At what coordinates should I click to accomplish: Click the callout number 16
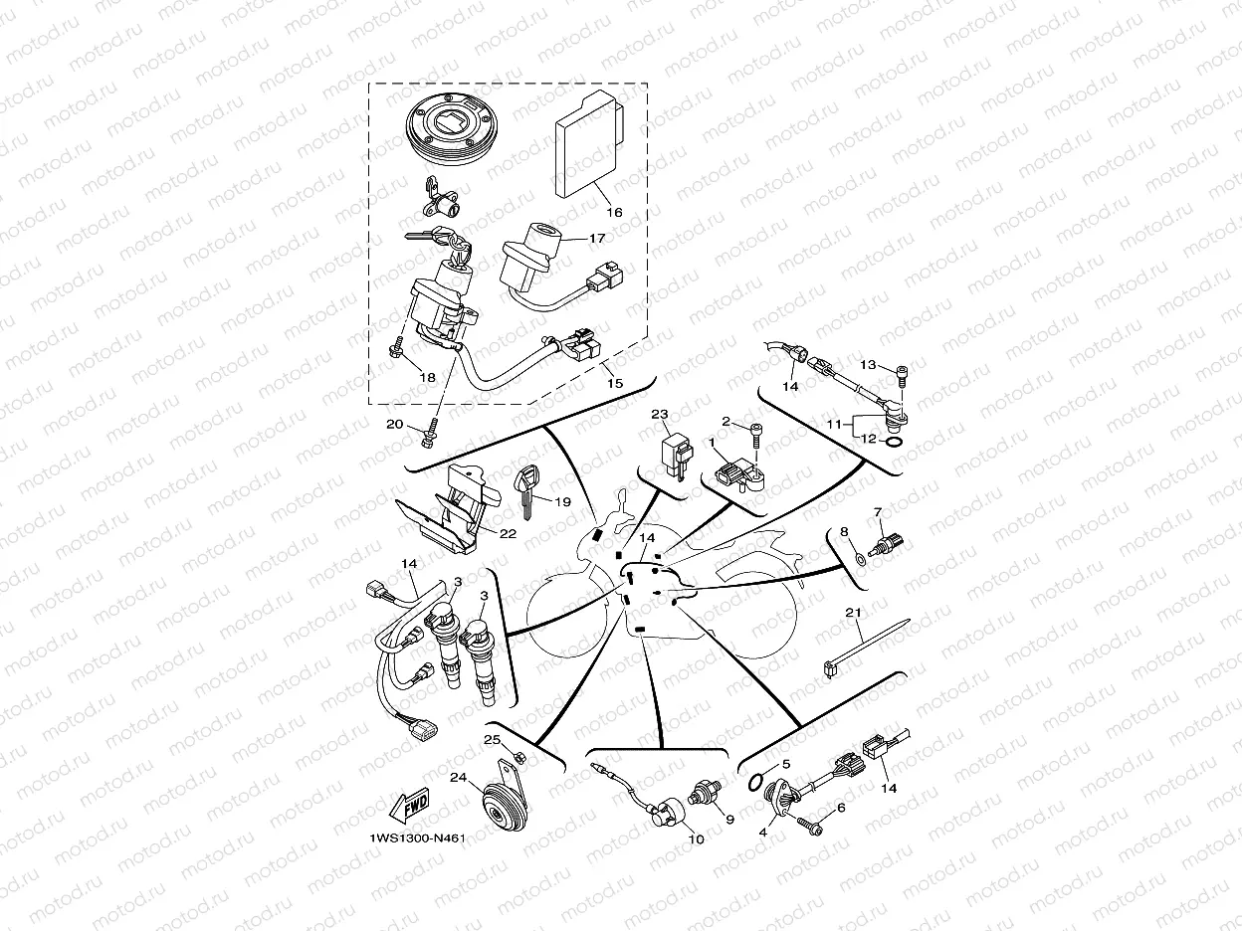613,212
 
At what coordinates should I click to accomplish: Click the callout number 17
596,239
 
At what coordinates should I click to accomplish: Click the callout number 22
508,533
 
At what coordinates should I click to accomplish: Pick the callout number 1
713,441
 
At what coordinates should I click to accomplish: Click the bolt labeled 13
902,373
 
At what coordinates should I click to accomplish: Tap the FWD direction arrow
411,804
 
